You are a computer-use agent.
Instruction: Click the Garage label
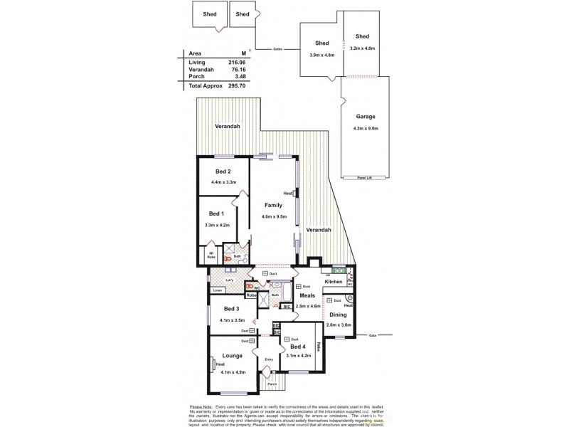coord(366,117)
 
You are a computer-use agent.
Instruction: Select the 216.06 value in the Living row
coord(237,62)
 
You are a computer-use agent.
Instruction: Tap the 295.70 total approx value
coord(236,85)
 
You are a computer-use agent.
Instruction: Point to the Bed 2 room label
coord(223,171)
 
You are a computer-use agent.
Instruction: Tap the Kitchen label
coord(334,282)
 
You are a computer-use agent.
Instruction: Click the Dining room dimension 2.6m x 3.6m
coord(339,325)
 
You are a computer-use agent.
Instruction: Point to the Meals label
coord(307,295)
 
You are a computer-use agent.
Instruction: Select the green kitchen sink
coord(337,270)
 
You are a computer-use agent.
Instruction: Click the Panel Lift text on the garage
coord(366,179)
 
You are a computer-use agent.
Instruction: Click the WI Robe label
coord(211,255)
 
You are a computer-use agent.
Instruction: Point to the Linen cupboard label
coord(218,290)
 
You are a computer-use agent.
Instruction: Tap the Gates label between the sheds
coord(277,49)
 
